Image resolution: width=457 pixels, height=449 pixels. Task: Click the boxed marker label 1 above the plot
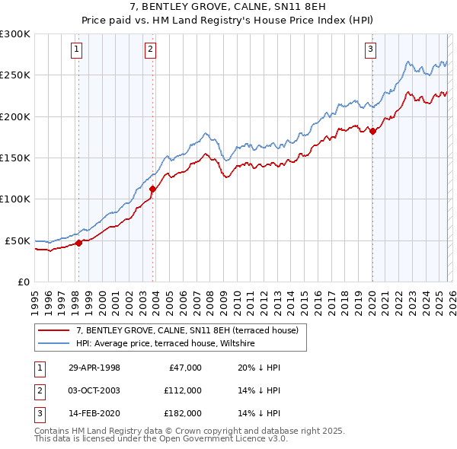[78, 50]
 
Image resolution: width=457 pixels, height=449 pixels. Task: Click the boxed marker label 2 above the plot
[151, 50]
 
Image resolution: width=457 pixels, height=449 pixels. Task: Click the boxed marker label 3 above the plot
[371, 50]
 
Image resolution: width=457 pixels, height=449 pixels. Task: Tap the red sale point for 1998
[78, 244]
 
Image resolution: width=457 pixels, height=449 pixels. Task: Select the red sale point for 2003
[152, 189]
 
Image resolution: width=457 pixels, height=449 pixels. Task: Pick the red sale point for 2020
[372, 132]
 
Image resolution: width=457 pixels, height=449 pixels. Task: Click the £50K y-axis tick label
[18, 240]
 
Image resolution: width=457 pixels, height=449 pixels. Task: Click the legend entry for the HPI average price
[165, 344]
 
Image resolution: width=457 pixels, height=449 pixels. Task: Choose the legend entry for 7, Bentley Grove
[191, 330]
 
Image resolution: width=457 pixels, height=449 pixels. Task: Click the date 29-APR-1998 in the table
[94, 368]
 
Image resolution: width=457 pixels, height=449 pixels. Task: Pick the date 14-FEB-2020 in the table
[94, 413]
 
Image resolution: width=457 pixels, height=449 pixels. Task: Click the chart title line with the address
[228, 8]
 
